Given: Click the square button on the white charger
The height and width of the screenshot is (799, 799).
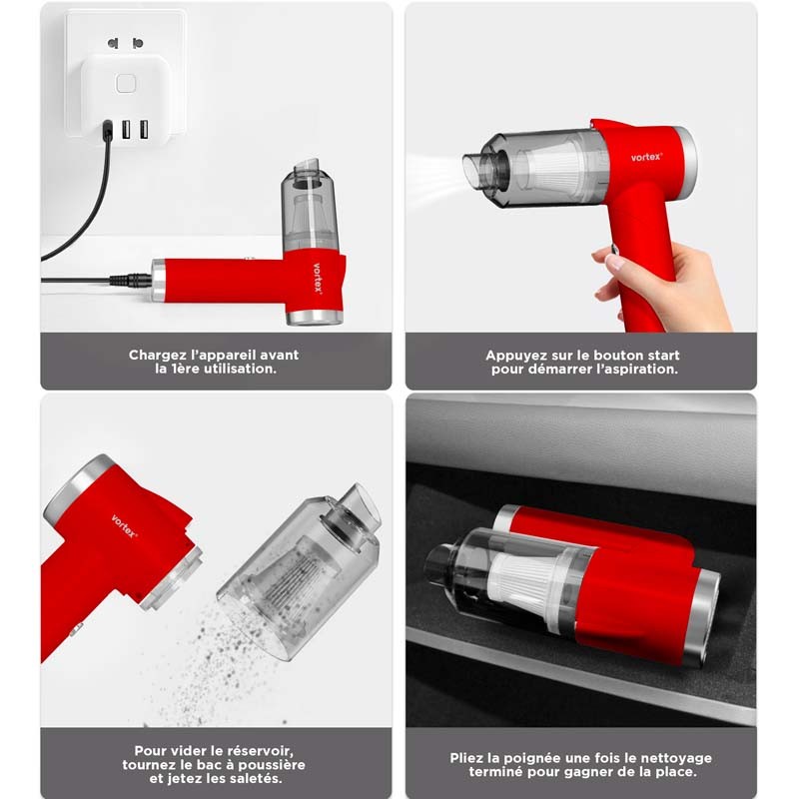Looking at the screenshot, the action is click(126, 84).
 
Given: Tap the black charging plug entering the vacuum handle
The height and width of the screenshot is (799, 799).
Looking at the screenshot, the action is click(131, 280).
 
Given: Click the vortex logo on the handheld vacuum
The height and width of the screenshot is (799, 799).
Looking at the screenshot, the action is click(646, 157).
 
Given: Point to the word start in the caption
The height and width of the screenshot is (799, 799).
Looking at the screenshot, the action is click(662, 356).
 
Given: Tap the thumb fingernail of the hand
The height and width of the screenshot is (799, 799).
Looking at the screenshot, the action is click(615, 263).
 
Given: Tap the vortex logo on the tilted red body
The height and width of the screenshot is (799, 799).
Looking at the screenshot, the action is click(124, 526).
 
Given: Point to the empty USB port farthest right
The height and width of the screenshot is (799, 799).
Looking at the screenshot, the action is click(144, 130).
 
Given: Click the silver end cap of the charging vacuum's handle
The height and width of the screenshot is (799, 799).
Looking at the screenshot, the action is click(159, 280).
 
